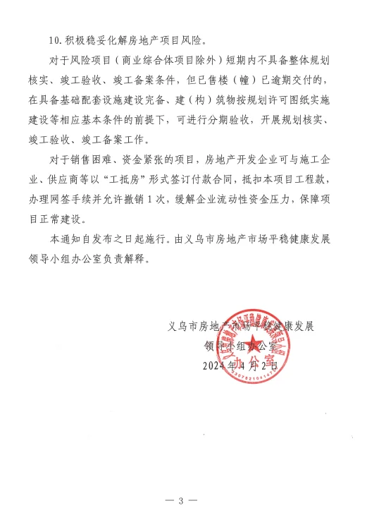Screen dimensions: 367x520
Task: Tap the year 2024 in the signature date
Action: tap(213, 366)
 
